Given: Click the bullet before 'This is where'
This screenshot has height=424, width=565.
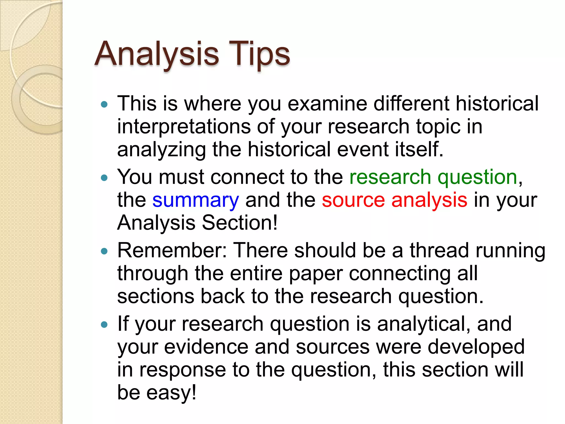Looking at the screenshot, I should pos(104,105).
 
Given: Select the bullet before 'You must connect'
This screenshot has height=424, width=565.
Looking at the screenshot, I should pos(104,178).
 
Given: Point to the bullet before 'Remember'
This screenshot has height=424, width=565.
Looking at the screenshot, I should pos(104,251).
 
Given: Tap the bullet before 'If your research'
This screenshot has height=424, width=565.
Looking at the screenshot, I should pos(104,325).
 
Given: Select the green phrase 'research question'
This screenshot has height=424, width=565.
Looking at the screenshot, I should pos(433,177).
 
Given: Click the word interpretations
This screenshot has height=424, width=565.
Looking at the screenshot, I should pos(184,127).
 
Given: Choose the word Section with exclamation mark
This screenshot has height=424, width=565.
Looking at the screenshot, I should pos(239,223).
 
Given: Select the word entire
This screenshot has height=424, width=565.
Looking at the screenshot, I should pos(256,273).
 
